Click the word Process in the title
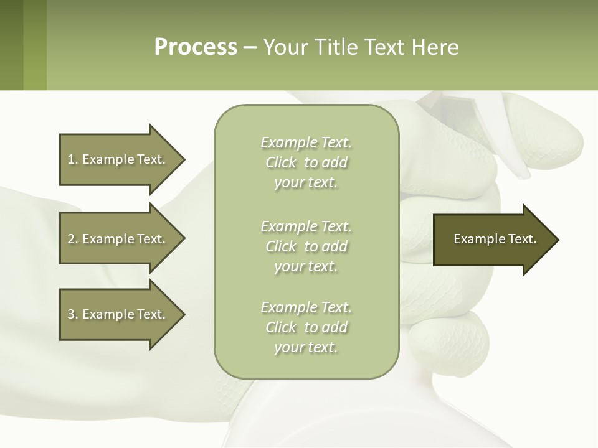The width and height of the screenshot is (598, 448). point(196,47)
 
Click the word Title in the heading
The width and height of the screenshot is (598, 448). point(334,47)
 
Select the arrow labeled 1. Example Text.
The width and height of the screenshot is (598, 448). point(118,159)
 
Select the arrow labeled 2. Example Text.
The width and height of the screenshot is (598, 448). point(118,239)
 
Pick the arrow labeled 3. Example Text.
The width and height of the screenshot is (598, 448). point(118,314)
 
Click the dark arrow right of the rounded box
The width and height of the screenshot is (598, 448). point(492,240)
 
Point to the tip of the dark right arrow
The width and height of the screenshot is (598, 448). point(558,240)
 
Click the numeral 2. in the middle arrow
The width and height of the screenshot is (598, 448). point(72,239)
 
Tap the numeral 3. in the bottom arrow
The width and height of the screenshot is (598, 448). point(72,314)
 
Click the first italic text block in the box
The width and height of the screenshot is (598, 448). point(306,162)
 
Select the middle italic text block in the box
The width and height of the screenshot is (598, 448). point(306,246)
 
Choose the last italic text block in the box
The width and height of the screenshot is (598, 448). point(306,327)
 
